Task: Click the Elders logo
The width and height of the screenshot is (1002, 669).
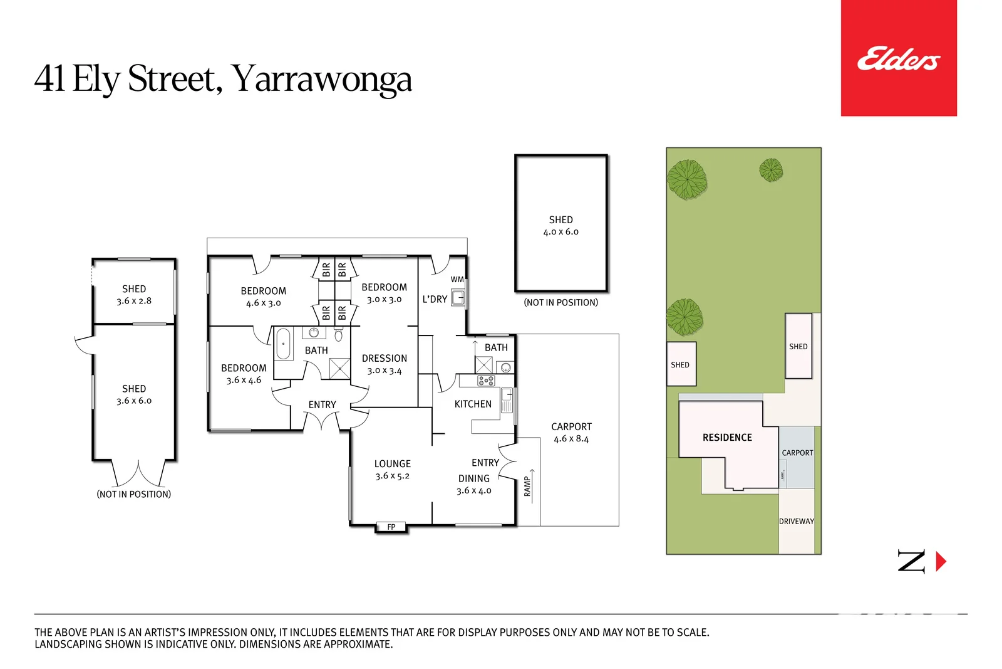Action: tap(898, 59)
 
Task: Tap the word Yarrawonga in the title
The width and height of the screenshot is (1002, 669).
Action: tap(321, 79)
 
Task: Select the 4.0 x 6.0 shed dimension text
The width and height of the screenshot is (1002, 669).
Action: tap(560, 232)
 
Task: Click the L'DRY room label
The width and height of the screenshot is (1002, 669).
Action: tap(435, 300)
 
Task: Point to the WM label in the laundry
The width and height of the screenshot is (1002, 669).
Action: tap(457, 280)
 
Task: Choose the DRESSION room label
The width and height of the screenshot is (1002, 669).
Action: tap(384, 359)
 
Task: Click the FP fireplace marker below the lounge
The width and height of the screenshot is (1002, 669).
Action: tap(391, 527)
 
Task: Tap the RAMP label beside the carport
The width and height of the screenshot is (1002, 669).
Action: tap(527, 486)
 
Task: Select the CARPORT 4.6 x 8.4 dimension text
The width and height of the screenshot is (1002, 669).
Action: tap(571, 439)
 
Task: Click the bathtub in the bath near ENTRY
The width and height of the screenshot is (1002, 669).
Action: tap(283, 344)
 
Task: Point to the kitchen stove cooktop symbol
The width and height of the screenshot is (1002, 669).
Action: tap(486, 381)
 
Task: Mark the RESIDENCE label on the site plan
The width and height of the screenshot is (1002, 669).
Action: tap(727, 438)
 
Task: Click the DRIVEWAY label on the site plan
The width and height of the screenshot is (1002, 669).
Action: tap(796, 522)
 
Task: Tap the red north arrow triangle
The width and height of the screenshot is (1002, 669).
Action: tap(940, 561)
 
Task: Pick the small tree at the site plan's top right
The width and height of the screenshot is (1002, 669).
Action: tap(771, 170)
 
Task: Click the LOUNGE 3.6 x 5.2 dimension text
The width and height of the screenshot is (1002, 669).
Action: tap(392, 477)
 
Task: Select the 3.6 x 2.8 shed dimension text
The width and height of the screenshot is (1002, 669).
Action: tap(134, 301)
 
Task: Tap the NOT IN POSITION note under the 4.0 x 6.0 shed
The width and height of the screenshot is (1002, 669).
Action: tap(560, 303)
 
